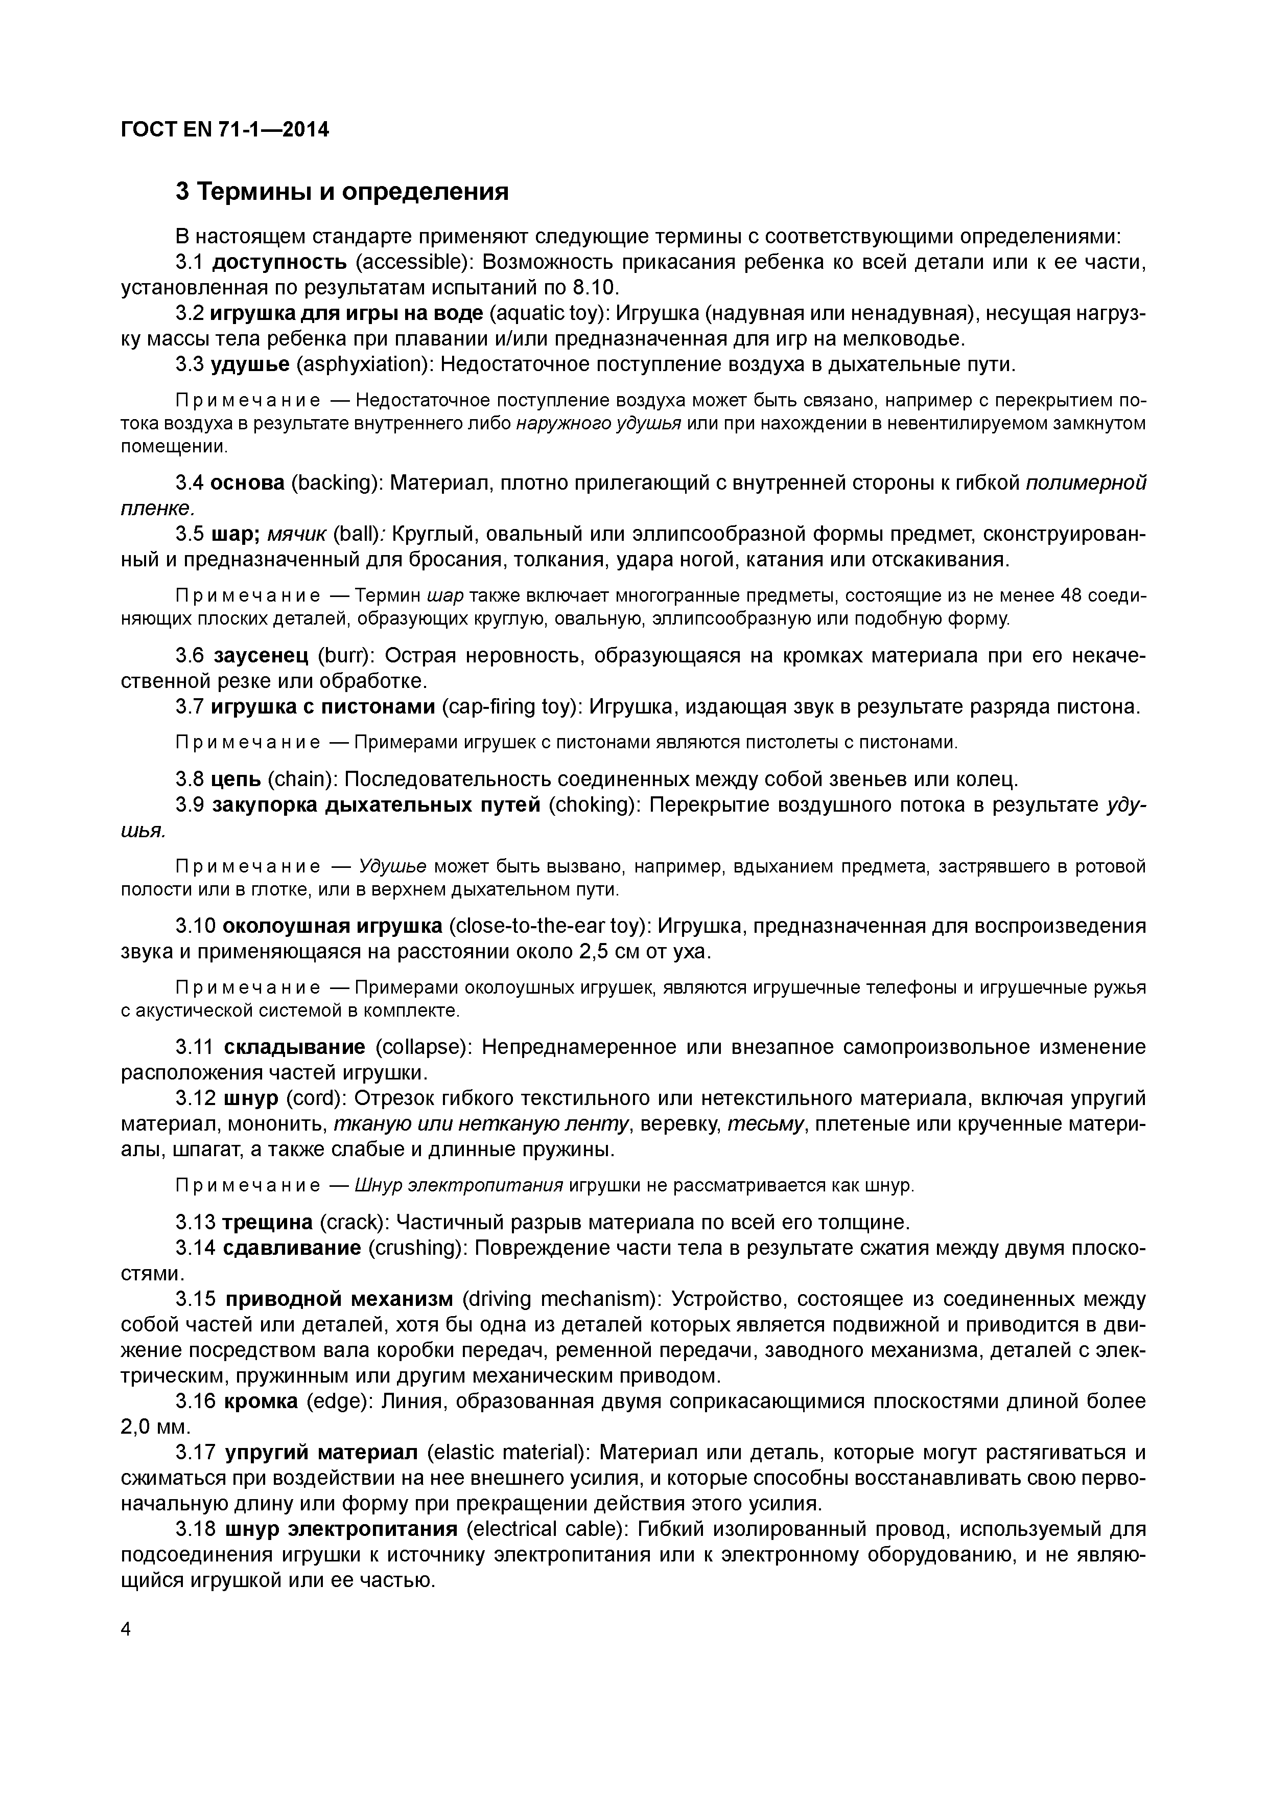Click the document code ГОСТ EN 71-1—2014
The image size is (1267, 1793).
225,130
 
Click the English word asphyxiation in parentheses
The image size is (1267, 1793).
365,365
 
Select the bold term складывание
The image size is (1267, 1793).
294,1046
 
